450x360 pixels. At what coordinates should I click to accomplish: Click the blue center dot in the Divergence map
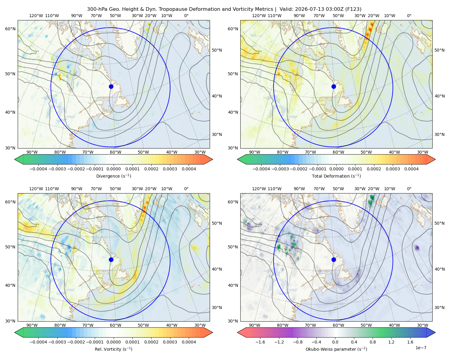(x=111, y=86)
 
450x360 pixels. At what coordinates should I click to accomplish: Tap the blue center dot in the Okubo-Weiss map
(x=334, y=259)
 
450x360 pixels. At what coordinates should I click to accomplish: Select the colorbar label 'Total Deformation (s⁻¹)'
(x=336, y=176)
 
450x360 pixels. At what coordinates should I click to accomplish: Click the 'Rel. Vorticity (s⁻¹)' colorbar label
(x=113, y=349)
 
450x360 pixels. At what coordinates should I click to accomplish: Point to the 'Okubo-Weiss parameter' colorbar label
(x=336, y=349)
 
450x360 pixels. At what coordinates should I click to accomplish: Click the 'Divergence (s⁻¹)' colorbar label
(x=113, y=176)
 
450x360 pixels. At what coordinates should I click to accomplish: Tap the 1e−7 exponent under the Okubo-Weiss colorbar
(x=421, y=348)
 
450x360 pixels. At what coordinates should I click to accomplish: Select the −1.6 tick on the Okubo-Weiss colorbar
(x=260, y=342)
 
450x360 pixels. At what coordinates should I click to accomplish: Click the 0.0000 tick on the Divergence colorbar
(x=113, y=169)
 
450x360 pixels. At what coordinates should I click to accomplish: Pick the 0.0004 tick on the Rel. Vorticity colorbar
(x=189, y=342)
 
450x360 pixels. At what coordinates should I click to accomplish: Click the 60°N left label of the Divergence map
(x=10, y=29)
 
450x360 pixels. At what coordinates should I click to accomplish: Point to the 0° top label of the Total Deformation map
(x=409, y=16)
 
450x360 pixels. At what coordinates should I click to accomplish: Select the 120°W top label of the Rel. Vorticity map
(x=36, y=189)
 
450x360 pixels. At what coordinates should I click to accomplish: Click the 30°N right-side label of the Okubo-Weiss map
(x=439, y=307)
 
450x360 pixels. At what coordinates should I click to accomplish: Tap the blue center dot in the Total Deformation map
(x=334, y=86)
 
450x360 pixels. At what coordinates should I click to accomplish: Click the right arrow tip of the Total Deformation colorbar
(x=435, y=159)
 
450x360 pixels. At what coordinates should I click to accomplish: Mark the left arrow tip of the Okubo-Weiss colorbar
(x=237, y=333)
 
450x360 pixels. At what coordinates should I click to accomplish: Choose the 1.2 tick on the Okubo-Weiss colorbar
(x=391, y=342)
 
